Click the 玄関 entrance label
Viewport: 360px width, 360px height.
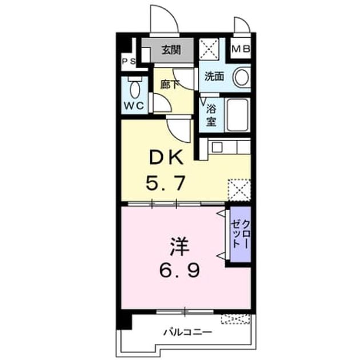171,50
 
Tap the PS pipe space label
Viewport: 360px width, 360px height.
129,61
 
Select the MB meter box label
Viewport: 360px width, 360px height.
241,49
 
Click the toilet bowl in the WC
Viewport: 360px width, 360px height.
135,89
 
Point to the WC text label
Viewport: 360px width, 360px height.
134,106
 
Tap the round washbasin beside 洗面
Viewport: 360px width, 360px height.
242,77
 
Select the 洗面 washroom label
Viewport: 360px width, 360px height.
214,76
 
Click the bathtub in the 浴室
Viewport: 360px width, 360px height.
238,115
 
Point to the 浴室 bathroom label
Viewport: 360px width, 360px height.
211,115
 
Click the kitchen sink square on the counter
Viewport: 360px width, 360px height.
217,147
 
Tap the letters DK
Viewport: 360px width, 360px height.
166,158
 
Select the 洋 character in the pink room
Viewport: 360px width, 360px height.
179,247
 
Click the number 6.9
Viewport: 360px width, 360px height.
179,270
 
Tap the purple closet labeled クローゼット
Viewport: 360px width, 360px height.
241,234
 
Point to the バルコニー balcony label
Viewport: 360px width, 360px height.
187,332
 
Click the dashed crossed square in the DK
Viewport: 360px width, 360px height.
239,190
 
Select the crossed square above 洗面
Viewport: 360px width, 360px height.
209,49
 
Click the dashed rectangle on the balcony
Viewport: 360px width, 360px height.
235,319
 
